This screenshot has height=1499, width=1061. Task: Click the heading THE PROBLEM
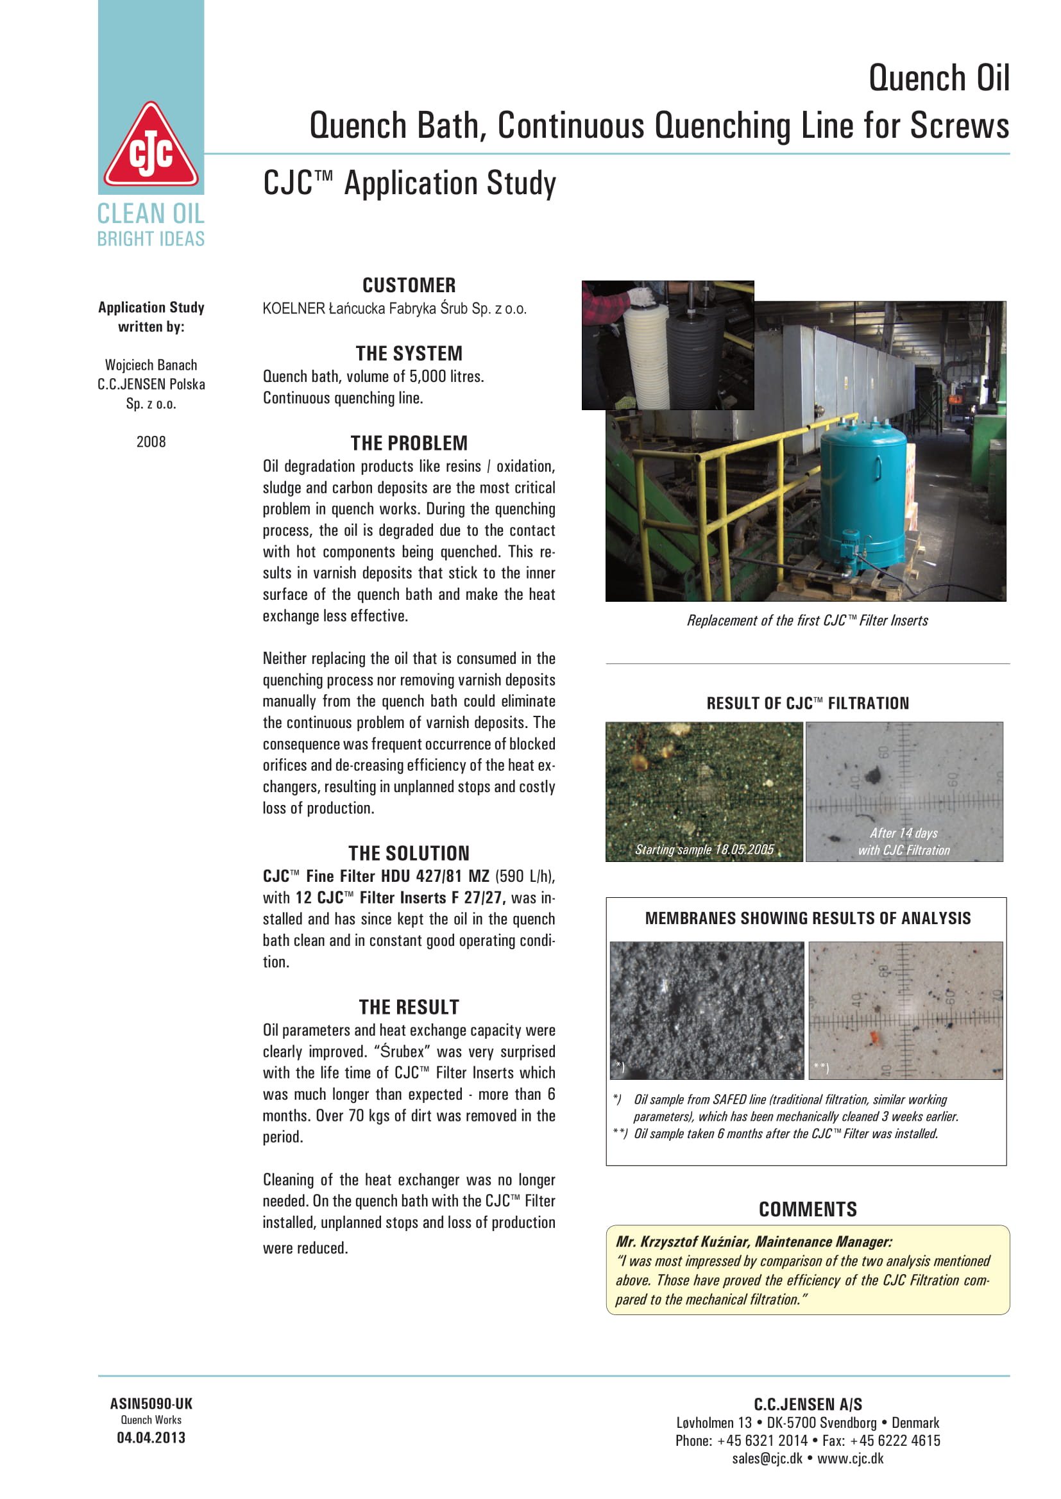coord(409,443)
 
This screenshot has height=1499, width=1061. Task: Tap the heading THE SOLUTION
coord(409,853)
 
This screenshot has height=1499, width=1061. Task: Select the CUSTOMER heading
coord(409,285)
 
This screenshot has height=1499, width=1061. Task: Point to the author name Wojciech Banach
coord(151,365)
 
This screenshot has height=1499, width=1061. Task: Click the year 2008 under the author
coord(151,442)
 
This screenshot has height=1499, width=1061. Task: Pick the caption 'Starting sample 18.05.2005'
coord(704,849)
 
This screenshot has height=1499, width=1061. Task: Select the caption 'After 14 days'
coord(904,833)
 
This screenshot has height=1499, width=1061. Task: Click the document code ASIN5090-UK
coord(151,1404)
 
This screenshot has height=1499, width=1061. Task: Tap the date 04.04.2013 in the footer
coord(151,1438)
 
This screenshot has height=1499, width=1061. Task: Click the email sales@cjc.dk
coord(767,1459)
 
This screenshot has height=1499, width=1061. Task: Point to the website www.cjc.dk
coord(850,1459)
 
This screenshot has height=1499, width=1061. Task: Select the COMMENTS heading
coord(808,1210)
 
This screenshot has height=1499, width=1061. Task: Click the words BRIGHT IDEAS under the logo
coord(151,239)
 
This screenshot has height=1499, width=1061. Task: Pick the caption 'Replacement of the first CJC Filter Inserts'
coord(807,621)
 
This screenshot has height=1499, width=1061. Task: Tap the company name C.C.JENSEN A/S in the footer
coord(808,1404)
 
